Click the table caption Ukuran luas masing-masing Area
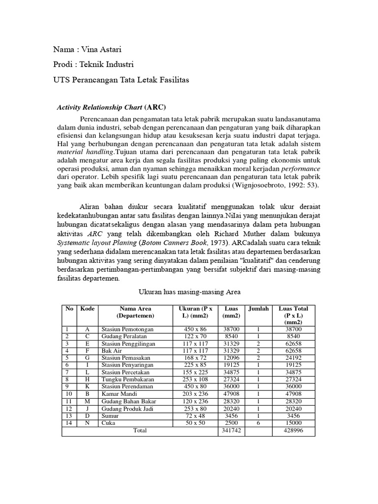point(189,292)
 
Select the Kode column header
point(87,309)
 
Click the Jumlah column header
point(258,309)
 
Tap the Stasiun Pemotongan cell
point(127,329)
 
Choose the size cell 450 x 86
point(194,329)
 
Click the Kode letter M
point(88,402)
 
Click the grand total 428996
point(293,431)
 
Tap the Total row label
point(140,431)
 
